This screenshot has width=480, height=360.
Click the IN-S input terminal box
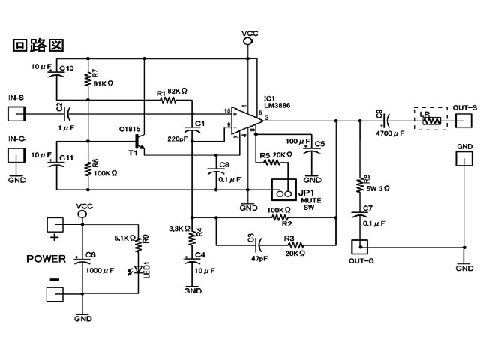(16, 114)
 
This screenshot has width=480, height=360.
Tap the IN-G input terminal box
(16, 155)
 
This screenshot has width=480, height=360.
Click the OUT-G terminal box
(360, 245)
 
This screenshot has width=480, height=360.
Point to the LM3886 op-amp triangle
(244, 121)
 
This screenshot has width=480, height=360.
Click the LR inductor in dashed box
(430, 120)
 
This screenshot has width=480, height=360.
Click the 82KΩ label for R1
(177, 91)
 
